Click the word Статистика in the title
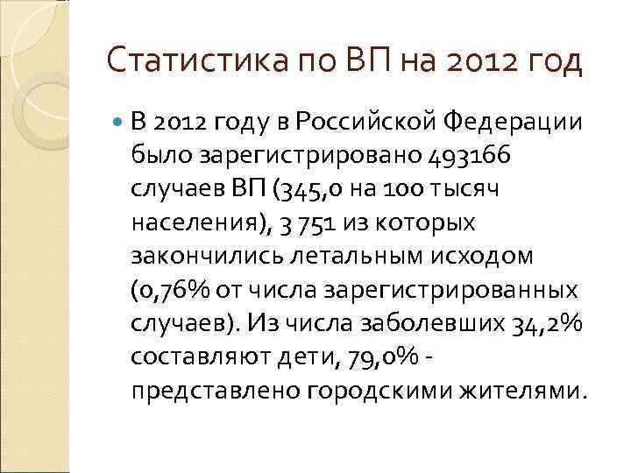coord(184,63)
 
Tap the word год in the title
coord(551,63)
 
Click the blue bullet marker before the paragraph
coord(118,124)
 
